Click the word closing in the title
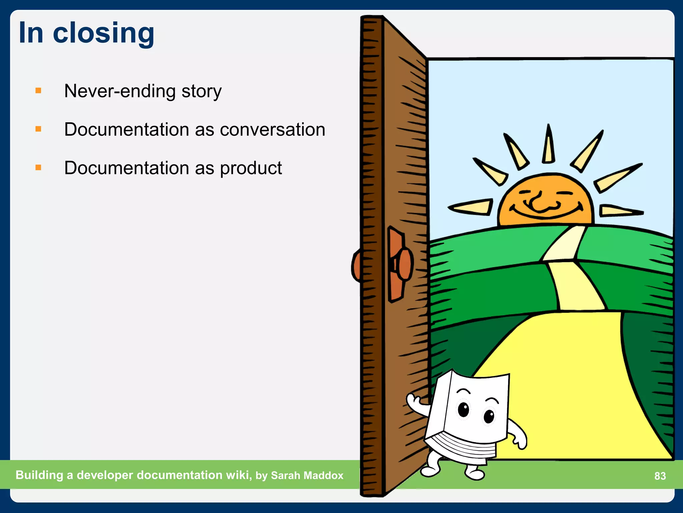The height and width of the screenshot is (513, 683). pos(103,33)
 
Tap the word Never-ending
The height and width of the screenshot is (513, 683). pos(120,91)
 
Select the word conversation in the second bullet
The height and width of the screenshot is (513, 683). pos(272,130)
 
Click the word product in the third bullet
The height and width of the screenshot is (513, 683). pos(251,168)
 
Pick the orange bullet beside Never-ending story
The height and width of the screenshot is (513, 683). pos(38,91)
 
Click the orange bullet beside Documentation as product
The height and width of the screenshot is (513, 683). pos(38,167)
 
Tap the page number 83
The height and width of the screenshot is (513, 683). pos(660,476)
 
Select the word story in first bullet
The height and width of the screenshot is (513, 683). pos(201,91)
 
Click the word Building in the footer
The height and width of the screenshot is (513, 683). pos(39,475)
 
